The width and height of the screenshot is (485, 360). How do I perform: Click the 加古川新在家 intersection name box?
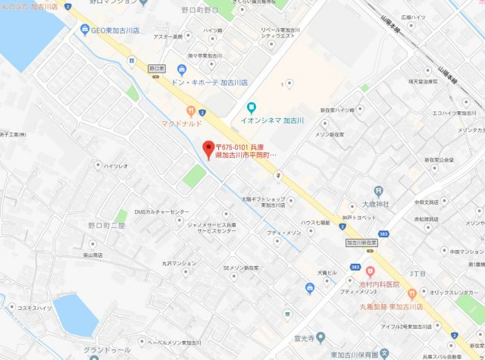tap(361, 243)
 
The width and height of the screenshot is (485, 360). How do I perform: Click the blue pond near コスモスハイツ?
tap(75, 315)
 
